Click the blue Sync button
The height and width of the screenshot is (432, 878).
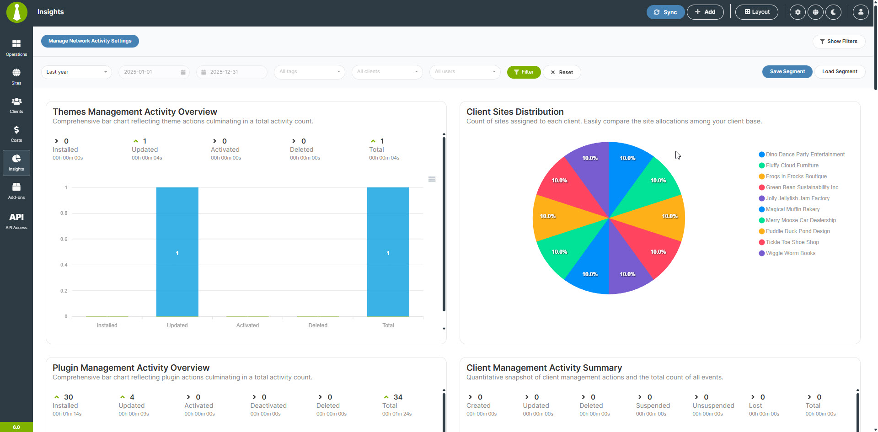tap(665, 12)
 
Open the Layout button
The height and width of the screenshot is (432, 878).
tap(757, 12)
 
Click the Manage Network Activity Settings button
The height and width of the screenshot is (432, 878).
tap(90, 41)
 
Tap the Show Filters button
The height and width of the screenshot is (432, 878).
tap(839, 42)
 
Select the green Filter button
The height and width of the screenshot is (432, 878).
tap(524, 72)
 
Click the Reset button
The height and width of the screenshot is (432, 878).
tap(562, 72)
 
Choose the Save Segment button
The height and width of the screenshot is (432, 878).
tap(787, 72)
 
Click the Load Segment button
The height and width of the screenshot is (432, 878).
tap(840, 72)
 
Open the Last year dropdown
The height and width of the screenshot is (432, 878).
tap(76, 72)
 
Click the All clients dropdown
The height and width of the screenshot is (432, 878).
tap(387, 72)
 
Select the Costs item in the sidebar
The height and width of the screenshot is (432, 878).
tap(16, 134)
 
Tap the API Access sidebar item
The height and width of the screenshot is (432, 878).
tap(16, 221)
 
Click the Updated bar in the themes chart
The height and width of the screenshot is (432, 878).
tap(177, 252)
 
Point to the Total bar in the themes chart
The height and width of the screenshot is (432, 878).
tap(388, 252)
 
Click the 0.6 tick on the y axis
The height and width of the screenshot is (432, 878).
tap(64, 239)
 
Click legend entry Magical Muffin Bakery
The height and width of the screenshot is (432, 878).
tap(792, 209)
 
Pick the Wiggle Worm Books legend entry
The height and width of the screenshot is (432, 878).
tap(790, 253)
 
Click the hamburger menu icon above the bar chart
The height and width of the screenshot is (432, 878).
tap(432, 179)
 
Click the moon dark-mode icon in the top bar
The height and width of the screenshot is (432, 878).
tap(833, 12)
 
